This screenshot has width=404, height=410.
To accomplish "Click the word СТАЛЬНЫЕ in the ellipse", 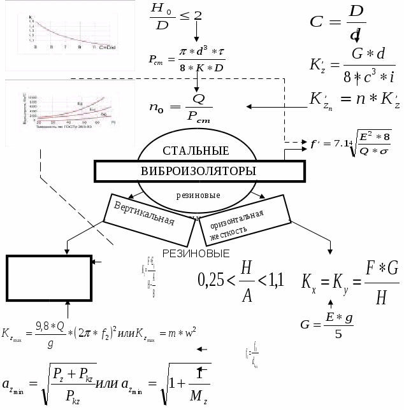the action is pyautogui.click(x=196, y=151).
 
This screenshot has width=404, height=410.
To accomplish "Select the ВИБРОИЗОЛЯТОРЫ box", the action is pyautogui.click(x=199, y=171).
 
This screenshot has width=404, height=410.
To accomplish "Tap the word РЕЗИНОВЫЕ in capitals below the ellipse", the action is pyautogui.click(x=196, y=253).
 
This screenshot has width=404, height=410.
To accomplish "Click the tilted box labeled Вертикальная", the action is pyautogui.click(x=143, y=215).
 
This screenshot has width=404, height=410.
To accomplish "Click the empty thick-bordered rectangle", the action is pyautogui.click(x=48, y=278).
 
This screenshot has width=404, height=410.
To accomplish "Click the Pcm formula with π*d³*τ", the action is pyautogui.click(x=186, y=61).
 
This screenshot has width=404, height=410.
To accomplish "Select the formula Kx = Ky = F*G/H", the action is pyautogui.click(x=350, y=282).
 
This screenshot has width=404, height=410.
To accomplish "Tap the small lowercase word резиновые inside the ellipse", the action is pyautogui.click(x=198, y=194).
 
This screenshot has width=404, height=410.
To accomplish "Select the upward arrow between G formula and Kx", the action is pyautogui.click(x=330, y=303).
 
